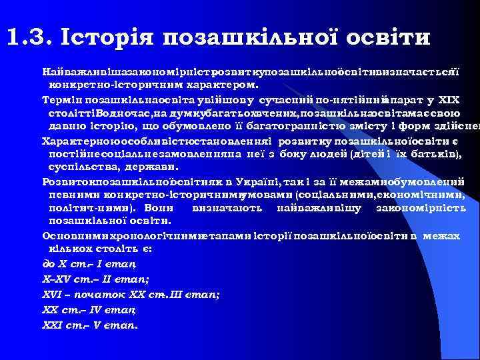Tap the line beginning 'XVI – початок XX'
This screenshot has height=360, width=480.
(x=131, y=294)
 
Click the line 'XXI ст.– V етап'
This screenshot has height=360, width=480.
(x=90, y=326)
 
